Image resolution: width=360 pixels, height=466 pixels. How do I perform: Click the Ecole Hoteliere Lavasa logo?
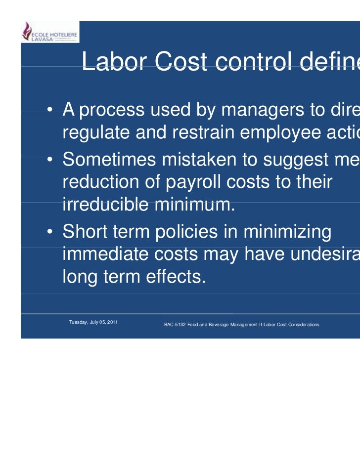49,32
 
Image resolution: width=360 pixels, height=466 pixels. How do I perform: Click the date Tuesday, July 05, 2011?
93,322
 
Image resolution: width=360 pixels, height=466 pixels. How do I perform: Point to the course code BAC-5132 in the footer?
174,325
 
